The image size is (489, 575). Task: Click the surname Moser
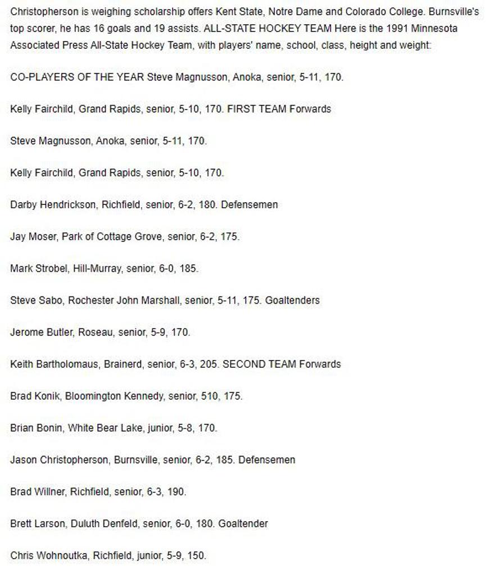tap(43, 237)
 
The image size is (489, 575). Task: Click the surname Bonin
tap(49, 428)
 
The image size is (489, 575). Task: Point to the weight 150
tap(196, 556)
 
